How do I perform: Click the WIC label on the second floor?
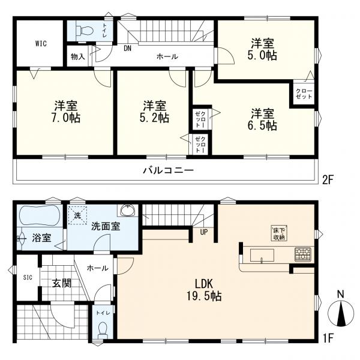point(41,43)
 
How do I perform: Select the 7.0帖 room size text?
point(65,118)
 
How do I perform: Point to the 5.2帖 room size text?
point(154,118)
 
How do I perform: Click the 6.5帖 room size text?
point(262,125)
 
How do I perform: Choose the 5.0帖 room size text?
point(262,55)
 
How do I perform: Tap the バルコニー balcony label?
point(169,170)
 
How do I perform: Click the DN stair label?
point(128,49)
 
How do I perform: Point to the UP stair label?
point(204,232)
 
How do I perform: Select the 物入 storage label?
point(78,56)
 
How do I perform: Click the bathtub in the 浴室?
point(40,216)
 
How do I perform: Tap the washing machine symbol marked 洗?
point(77,215)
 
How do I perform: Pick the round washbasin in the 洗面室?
point(128,210)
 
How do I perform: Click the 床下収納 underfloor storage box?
point(279,233)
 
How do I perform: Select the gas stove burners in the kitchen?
point(303,254)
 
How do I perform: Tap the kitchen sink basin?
point(262,255)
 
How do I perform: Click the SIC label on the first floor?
point(28,277)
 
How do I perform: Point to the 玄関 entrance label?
point(62,283)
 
